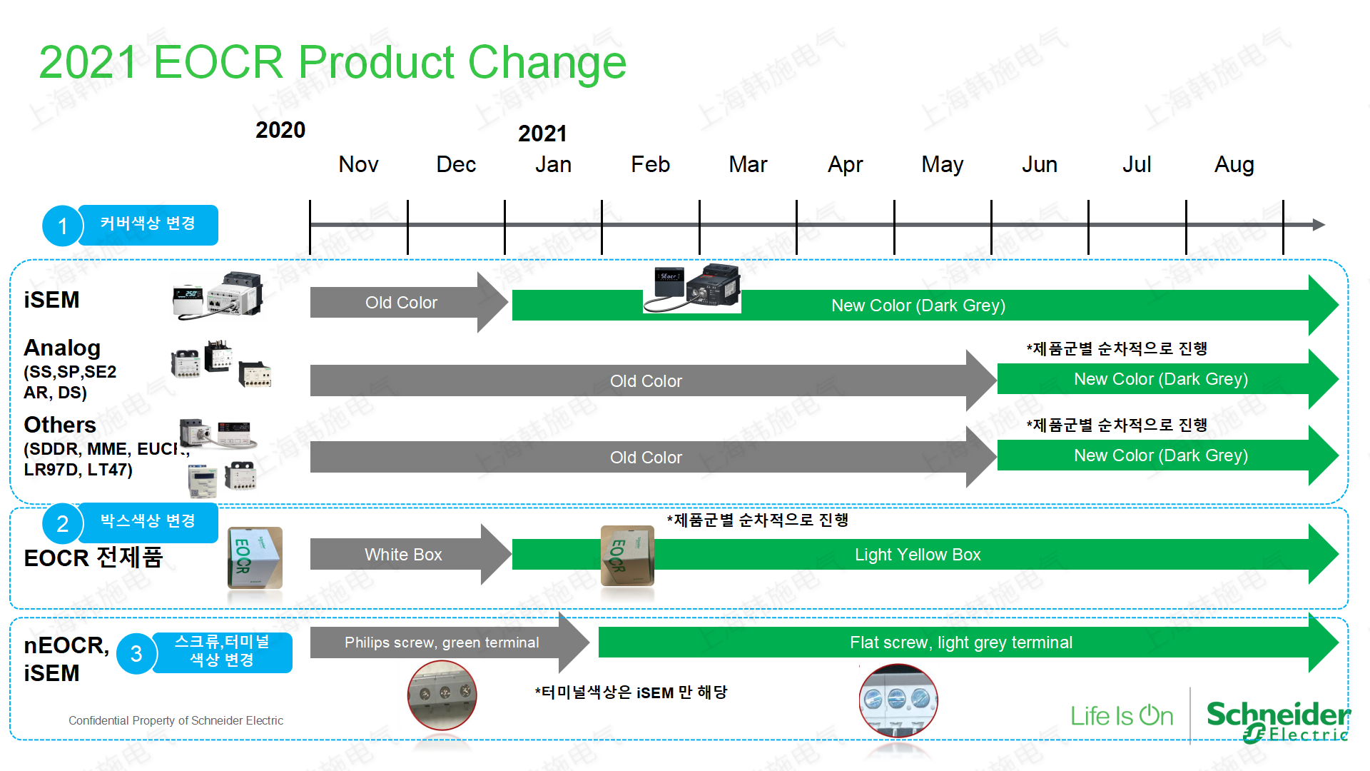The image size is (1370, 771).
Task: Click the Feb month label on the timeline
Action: coord(650,165)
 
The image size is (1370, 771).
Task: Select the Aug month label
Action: coord(1234,166)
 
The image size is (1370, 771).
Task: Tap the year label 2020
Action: coord(280,130)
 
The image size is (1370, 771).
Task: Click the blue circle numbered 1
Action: coord(63,226)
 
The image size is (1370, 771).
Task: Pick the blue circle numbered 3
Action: coord(136,653)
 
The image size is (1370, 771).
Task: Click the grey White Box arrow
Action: coord(410,555)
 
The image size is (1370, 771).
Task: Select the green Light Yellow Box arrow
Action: coord(925,555)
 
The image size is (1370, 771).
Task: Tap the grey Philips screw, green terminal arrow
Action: coord(450,642)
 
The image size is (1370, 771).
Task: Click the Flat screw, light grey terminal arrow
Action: coord(968,642)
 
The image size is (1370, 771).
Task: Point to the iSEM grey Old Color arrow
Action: coord(409,303)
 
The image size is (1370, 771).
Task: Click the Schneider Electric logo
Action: coord(1277,721)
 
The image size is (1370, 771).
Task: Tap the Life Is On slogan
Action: coord(1122,716)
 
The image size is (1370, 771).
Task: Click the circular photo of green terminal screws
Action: coord(442,695)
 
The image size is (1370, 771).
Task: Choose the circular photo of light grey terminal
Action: coord(898,700)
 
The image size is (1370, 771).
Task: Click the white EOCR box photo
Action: coord(255,558)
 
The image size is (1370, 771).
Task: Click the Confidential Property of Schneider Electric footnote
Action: coord(176,721)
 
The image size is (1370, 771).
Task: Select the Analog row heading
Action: coord(62,348)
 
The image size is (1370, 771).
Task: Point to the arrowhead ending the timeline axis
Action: coord(1319,225)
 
